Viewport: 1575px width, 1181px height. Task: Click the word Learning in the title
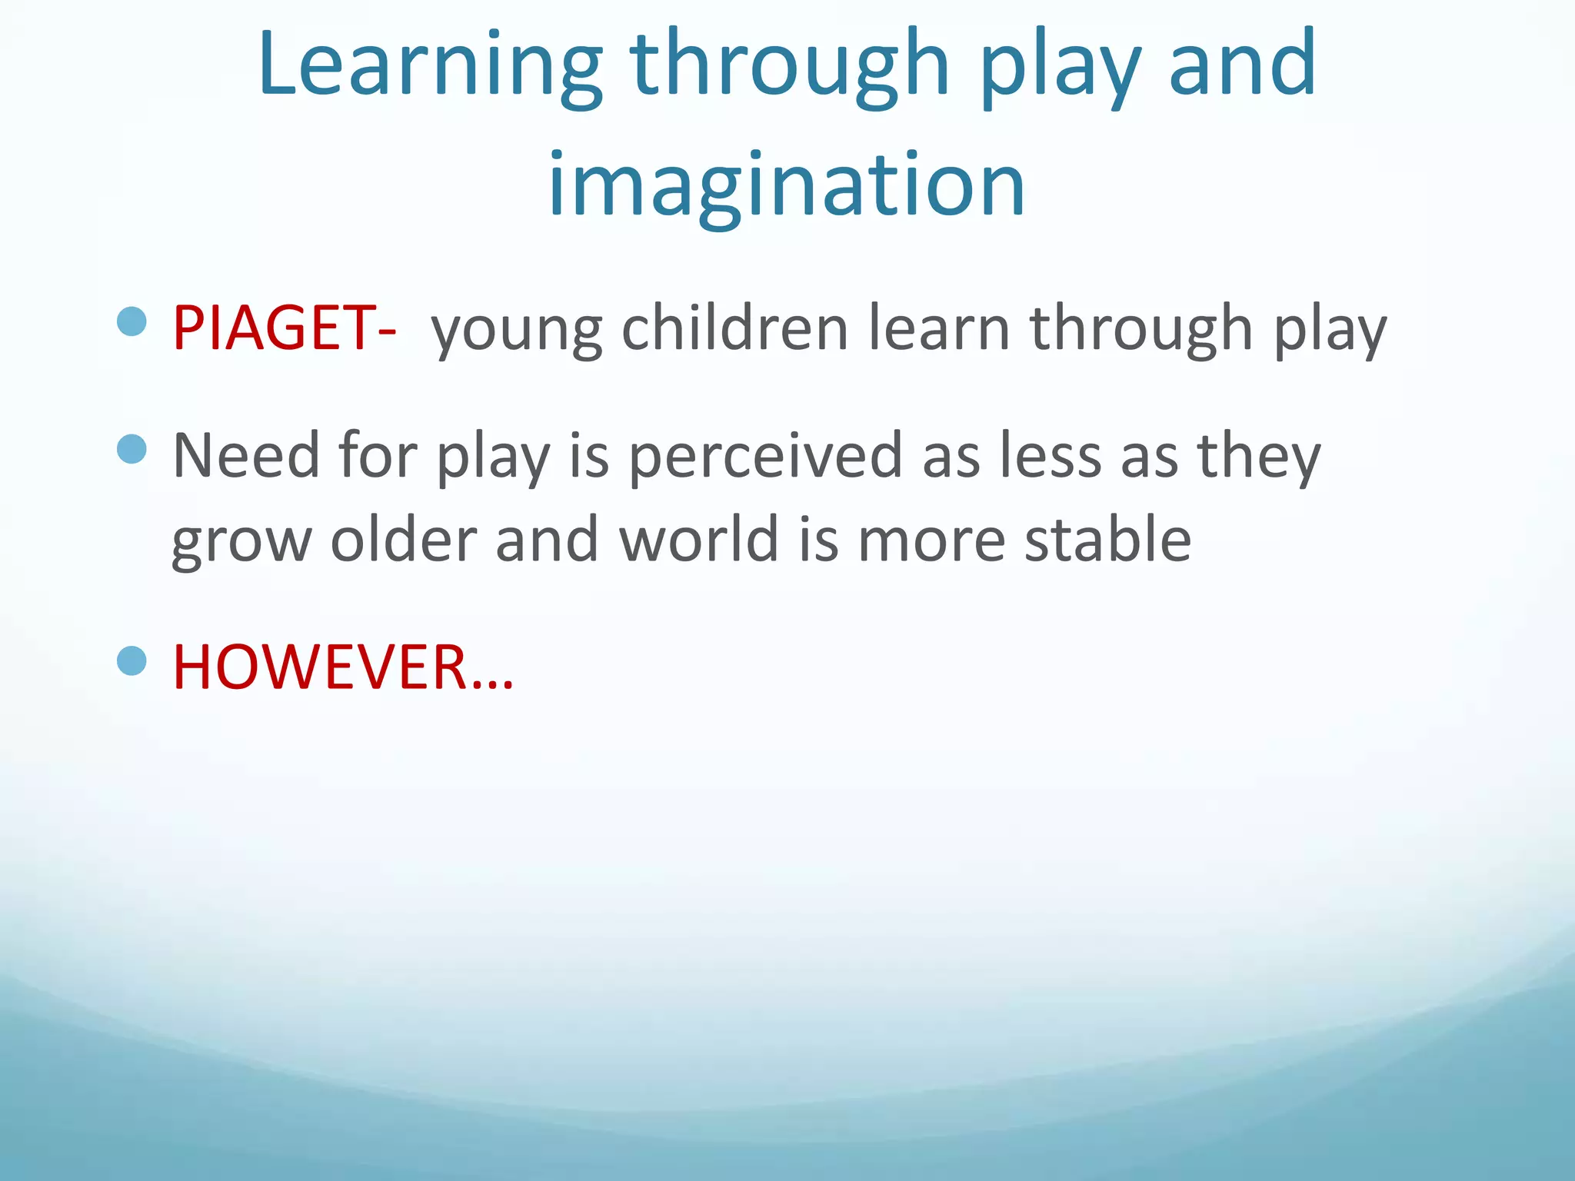click(431, 65)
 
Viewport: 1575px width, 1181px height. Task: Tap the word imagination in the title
click(786, 185)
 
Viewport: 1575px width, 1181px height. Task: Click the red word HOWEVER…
click(342, 667)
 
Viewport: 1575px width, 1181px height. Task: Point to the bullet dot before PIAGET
click(132, 321)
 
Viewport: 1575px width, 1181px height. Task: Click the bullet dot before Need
click(132, 449)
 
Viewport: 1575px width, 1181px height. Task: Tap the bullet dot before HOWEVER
click(132, 660)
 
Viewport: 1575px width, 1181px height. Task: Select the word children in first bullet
click(734, 328)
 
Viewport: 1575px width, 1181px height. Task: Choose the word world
click(699, 540)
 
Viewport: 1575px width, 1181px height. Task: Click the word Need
click(245, 456)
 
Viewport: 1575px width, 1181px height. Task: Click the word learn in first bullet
click(939, 328)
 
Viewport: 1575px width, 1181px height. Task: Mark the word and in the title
click(1241, 65)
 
